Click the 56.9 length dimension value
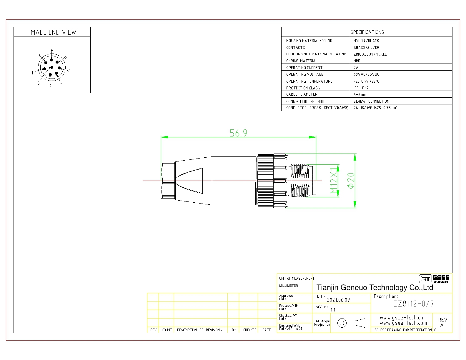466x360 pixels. (x=238, y=133)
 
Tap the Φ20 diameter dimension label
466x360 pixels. (x=351, y=181)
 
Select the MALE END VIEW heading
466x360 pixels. (x=54, y=32)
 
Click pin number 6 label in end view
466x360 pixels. (x=52, y=51)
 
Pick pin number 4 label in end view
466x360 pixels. (x=69, y=71)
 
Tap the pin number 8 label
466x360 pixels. (x=38, y=83)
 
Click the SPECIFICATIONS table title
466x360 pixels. (x=367, y=32)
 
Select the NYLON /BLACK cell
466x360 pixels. (x=366, y=41)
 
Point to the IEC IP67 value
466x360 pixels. (x=361, y=88)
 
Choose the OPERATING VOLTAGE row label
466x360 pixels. (x=304, y=74)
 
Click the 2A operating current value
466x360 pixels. (x=356, y=68)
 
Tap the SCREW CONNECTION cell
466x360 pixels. (x=371, y=101)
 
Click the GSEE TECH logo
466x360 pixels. (x=434, y=279)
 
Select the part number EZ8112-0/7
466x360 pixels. (x=413, y=304)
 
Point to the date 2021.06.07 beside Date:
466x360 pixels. (x=338, y=300)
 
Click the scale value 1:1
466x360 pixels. (x=333, y=310)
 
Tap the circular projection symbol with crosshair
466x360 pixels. (x=342, y=323)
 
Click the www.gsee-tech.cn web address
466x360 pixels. (x=402, y=318)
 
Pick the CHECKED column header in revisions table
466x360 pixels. (x=249, y=330)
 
